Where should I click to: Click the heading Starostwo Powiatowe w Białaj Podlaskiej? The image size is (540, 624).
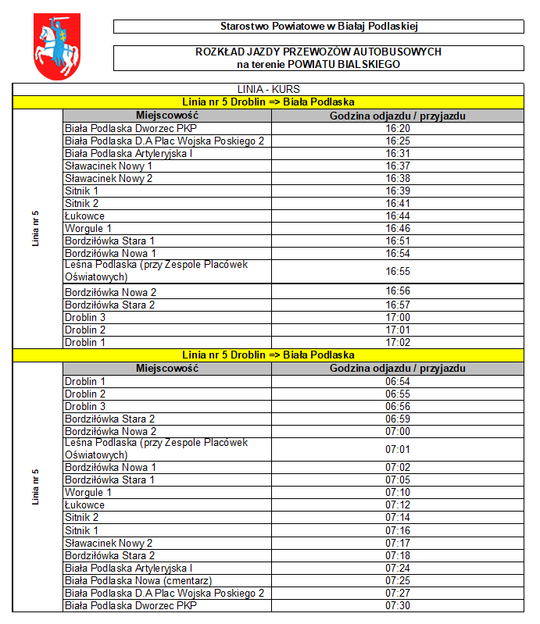click(x=319, y=27)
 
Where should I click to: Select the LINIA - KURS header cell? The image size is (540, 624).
click(x=268, y=89)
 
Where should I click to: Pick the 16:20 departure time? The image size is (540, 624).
click(x=398, y=128)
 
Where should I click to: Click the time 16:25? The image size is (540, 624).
click(x=398, y=141)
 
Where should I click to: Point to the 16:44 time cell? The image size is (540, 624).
click(x=398, y=216)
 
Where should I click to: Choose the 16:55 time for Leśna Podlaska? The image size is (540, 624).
click(x=398, y=271)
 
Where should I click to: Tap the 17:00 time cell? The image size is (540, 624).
click(x=398, y=317)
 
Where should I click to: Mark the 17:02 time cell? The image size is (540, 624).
click(x=398, y=342)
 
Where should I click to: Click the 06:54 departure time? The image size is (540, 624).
click(x=398, y=381)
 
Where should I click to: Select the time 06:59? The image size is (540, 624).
click(x=398, y=419)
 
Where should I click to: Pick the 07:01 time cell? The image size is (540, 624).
click(x=398, y=449)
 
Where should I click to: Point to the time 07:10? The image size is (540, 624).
click(x=398, y=492)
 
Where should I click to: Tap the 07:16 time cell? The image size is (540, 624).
click(x=398, y=530)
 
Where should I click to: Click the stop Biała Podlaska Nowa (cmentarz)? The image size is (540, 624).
click(x=138, y=580)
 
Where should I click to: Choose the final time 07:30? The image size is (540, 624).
click(x=398, y=605)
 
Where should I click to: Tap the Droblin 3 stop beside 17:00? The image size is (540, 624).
click(x=85, y=317)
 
